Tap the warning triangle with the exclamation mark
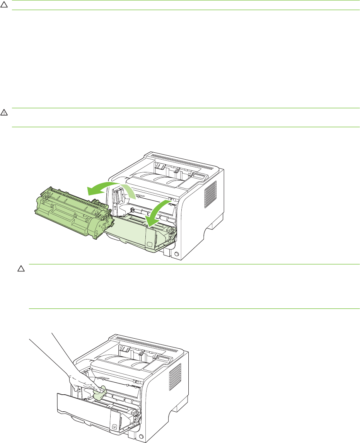(4, 112)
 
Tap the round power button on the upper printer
(177, 255)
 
